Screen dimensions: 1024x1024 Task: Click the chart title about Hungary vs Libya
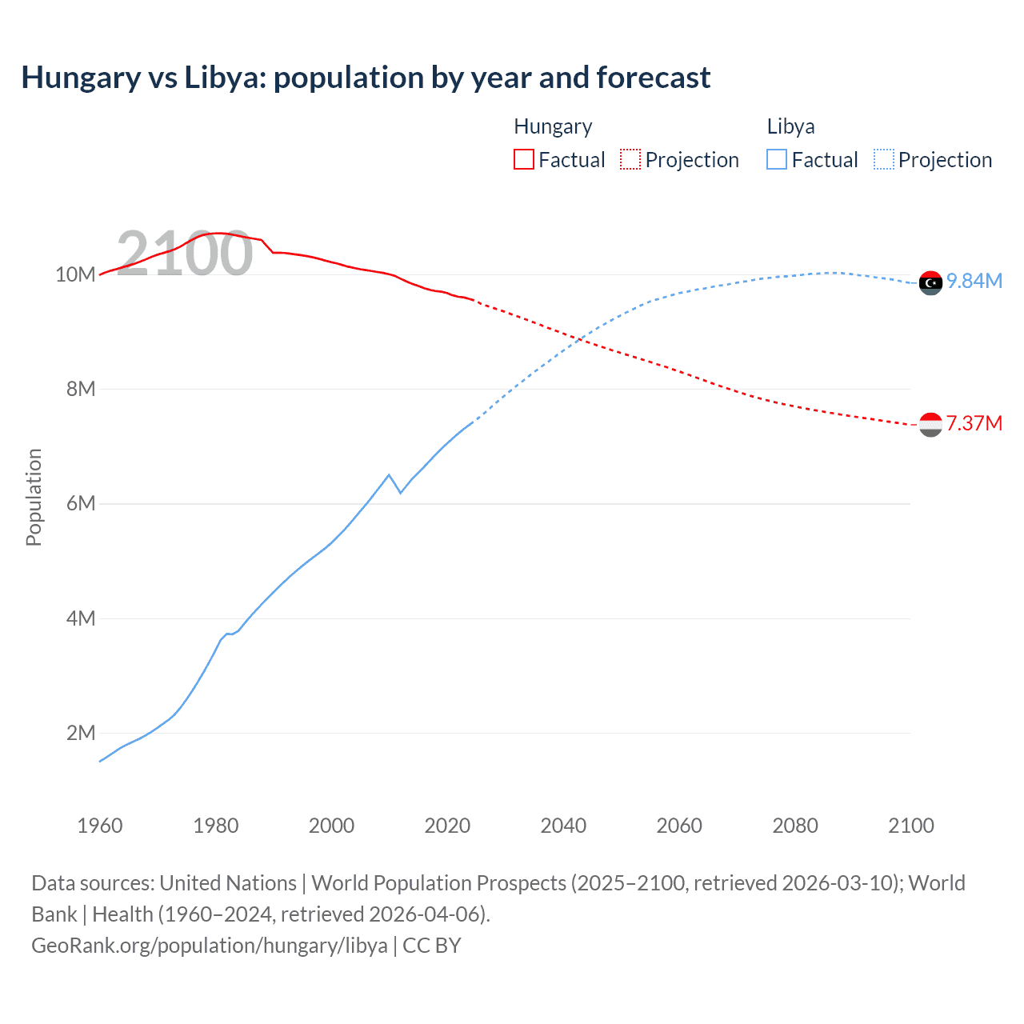(366, 78)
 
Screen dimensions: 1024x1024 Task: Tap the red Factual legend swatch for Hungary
(523, 159)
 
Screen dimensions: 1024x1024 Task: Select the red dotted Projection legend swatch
(630, 159)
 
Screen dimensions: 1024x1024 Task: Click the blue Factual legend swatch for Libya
(777, 159)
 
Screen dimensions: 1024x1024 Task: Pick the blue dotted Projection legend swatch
(883, 159)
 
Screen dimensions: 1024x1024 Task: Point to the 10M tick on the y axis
(75, 274)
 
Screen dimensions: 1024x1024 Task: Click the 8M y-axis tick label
(81, 389)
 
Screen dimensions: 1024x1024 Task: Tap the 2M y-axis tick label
(81, 733)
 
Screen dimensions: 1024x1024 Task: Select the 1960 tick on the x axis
(100, 826)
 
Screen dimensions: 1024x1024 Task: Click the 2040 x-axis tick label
(563, 826)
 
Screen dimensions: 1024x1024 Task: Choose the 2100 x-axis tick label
(910, 826)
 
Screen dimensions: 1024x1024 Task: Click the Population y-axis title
(34, 497)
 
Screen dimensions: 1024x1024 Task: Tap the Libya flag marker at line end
(930, 282)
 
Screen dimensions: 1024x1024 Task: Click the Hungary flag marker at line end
(930, 425)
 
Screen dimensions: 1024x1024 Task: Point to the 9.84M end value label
(974, 282)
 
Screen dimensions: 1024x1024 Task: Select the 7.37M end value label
(974, 423)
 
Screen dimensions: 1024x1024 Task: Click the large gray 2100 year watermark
(185, 254)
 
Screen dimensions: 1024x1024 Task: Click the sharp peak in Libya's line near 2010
(389, 475)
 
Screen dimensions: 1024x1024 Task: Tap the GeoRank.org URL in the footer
(210, 945)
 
